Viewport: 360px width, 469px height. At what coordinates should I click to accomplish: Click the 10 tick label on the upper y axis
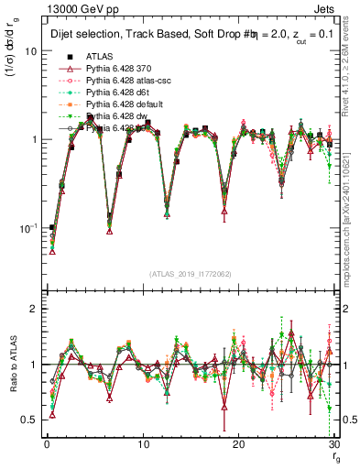[30, 51]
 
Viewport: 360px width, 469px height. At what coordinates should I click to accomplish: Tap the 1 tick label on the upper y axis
[33, 139]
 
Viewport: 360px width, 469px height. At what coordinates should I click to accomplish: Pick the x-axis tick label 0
[47, 444]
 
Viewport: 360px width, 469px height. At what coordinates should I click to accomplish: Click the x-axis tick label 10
[143, 444]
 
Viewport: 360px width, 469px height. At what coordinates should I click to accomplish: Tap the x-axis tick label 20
[239, 444]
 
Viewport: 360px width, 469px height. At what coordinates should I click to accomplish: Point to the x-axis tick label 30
[335, 444]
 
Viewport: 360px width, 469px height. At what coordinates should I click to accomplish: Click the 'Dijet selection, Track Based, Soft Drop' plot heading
[147, 35]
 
